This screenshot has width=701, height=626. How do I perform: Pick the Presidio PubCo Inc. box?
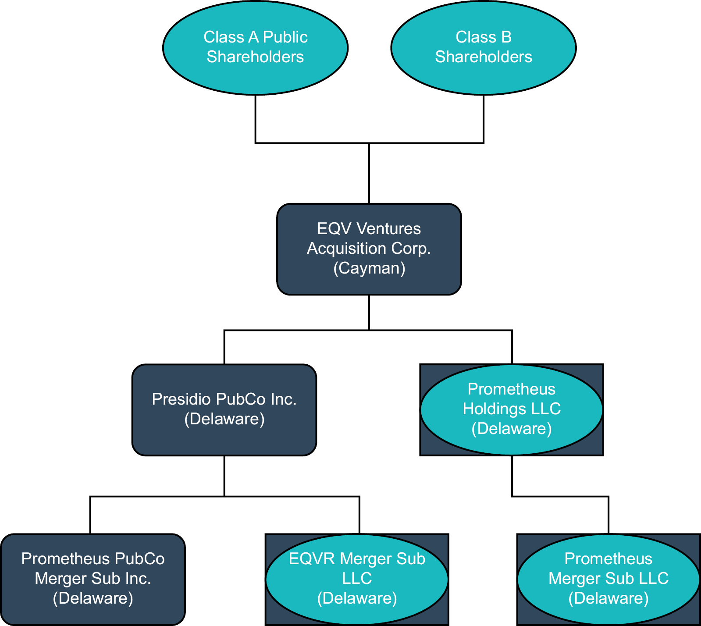coord(224,438)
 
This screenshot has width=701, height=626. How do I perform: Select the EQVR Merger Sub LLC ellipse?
coord(357,614)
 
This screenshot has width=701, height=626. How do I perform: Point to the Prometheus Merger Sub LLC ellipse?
coord(608,614)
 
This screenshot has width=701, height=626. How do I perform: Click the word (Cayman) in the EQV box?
coord(369,268)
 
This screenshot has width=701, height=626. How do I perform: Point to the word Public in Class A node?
coord(285,37)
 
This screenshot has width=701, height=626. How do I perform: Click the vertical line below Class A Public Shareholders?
coord(256,118)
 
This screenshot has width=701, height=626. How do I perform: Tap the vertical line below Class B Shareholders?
coord(484,118)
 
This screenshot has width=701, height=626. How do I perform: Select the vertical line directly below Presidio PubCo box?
coord(224,476)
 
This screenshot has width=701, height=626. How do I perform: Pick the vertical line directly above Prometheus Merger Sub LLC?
coord(608,515)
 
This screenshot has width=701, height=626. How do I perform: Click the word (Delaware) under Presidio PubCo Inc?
coord(224,419)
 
